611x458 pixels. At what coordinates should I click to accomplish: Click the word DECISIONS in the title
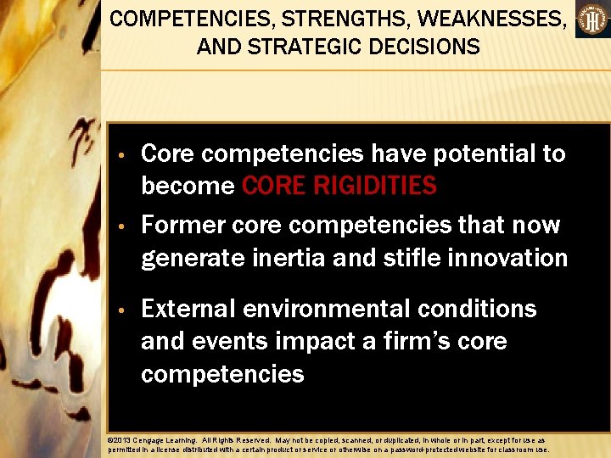(x=425, y=46)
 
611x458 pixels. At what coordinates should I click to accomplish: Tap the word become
(x=188, y=185)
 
